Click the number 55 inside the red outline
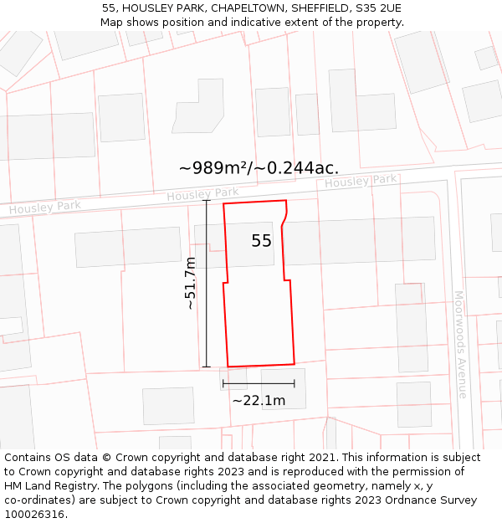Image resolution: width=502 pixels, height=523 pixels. tap(261, 241)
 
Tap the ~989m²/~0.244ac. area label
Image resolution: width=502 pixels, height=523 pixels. tap(258, 167)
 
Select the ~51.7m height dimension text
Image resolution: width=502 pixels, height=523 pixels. tap(191, 284)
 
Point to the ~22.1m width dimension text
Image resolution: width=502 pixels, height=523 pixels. tap(259, 400)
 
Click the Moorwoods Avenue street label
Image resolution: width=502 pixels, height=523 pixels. tap(460, 344)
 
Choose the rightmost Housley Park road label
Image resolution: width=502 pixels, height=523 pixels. tap(361, 181)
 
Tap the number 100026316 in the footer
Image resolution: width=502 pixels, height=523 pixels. tap(34, 515)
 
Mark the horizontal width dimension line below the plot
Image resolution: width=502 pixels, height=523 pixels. tap(259, 383)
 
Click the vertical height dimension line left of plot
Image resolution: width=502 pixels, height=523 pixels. tap(206, 284)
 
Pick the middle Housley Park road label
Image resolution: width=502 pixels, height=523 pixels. tap(202, 194)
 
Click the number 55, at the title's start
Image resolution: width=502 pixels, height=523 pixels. tap(109, 8)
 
